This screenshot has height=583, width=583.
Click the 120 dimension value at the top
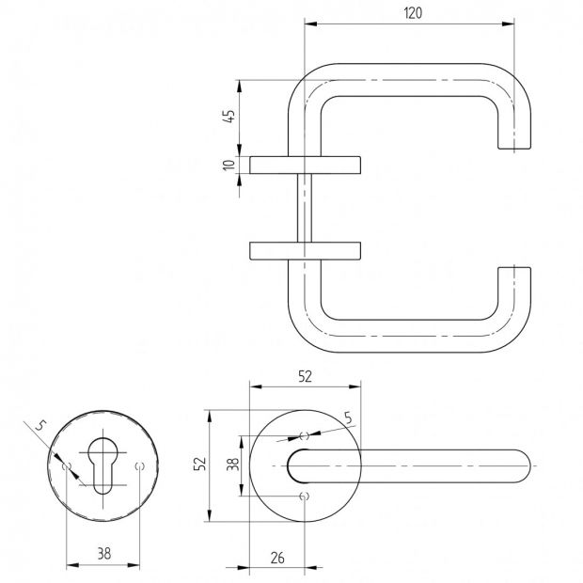click(413, 13)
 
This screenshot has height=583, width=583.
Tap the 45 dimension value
click(229, 116)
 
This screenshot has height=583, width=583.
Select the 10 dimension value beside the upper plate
click(229, 165)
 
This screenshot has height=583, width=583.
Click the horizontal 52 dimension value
click(305, 377)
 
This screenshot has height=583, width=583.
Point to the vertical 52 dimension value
click(200, 464)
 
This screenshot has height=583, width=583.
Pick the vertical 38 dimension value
click(233, 464)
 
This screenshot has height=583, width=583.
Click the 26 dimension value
click(277, 558)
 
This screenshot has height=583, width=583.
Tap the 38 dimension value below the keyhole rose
click(104, 554)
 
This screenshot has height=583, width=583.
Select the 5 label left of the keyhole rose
click(40, 425)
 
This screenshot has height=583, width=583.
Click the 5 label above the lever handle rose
click(348, 418)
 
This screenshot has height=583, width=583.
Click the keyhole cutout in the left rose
click(103, 465)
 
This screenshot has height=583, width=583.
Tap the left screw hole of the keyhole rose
click(67, 465)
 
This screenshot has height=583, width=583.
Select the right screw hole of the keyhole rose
click(140, 465)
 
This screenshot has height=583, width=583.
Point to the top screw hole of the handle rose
click(305, 435)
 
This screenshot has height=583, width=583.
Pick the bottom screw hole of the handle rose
click(305, 496)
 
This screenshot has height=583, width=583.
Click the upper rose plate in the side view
click(305, 165)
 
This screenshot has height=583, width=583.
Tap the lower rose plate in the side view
click(305, 251)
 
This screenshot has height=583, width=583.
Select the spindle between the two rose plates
click(305, 208)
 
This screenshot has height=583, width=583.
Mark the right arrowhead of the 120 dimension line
click(509, 24)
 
